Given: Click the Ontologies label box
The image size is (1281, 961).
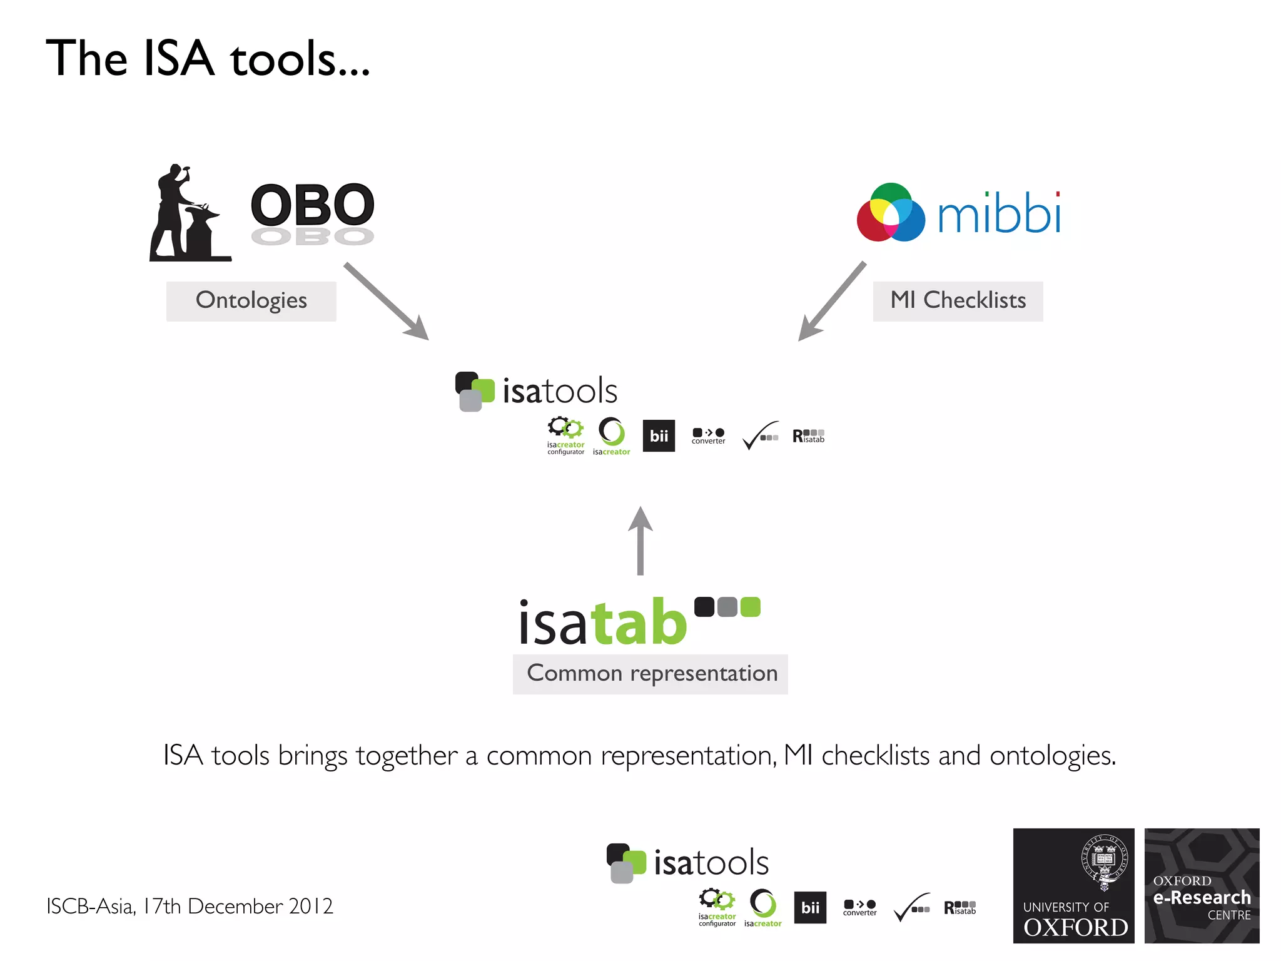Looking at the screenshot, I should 251,301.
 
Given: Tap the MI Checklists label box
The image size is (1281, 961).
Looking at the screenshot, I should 958,301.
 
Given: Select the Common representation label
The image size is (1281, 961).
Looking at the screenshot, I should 650,674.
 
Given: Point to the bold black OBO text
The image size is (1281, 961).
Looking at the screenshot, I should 312,205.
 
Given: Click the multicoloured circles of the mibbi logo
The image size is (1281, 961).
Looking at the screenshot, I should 891,213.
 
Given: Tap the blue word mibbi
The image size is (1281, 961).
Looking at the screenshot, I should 999,213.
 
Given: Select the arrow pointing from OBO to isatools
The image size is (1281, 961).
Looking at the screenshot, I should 386,301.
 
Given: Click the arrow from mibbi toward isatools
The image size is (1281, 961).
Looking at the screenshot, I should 832,301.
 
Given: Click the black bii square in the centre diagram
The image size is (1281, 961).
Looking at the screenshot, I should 659,435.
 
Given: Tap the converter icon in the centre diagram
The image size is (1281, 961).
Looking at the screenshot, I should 708,435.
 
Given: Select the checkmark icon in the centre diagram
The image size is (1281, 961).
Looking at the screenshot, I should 760,435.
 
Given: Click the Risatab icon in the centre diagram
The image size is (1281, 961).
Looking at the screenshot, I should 808,435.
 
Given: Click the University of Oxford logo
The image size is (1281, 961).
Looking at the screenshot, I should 1073,885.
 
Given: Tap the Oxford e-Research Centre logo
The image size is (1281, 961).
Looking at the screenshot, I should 1202,885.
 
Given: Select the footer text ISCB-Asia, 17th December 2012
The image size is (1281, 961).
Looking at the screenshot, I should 190,906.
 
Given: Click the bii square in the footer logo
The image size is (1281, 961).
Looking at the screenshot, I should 810,907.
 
